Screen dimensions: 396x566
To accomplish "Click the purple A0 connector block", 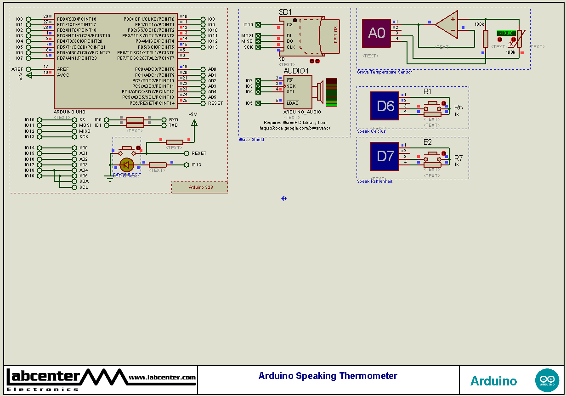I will tap(376, 33).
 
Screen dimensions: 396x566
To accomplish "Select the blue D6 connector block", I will tap(385, 106).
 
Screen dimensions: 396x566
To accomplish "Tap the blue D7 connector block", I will tap(385, 156).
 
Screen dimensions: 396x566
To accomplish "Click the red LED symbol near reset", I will tap(126, 164).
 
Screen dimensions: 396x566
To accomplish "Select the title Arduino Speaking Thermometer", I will tap(328, 376).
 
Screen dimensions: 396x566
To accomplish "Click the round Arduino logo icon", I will tap(547, 380).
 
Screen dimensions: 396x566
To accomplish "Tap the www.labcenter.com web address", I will tap(162, 378).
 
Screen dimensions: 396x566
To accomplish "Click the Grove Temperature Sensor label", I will tap(385, 72).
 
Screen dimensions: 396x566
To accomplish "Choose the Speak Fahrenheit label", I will tap(375, 181).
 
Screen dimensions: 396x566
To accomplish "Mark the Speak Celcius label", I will tap(371, 131).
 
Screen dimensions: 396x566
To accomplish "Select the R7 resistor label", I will tap(458, 158).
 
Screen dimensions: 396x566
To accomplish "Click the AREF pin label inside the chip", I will tap(63, 69).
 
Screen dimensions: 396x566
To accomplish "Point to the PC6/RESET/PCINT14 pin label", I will tap(152, 103).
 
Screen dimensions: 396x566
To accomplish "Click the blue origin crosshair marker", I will tap(283, 198).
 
